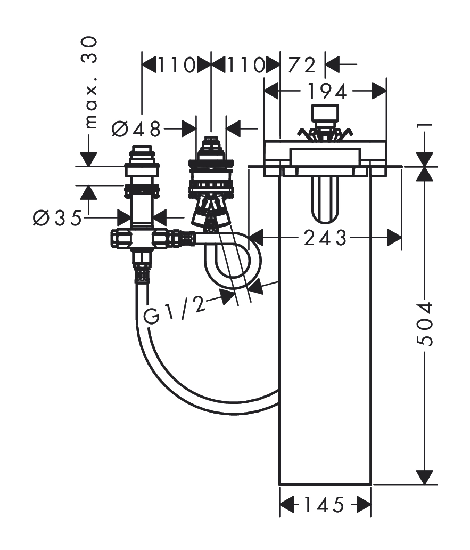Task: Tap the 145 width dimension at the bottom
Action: coord(324,505)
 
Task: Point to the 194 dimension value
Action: coord(327,92)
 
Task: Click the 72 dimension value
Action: coord(302,65)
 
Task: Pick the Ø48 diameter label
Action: coord(137,129)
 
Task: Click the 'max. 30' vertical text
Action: coord(90,83)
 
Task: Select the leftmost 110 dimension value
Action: coord(176,65)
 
